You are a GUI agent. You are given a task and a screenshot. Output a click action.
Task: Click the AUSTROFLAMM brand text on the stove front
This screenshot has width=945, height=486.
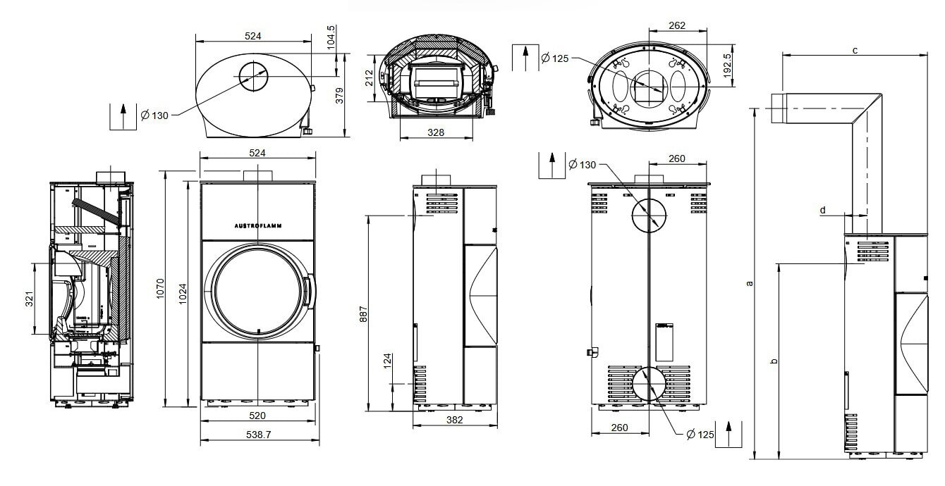click(258, 226)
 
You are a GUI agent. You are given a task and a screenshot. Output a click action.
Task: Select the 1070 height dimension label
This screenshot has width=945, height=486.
click(160, 289)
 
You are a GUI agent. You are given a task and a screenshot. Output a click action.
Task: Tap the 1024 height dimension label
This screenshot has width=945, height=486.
click(183, 294)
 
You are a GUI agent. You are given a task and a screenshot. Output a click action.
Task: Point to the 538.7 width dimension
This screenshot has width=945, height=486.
click(258, 434)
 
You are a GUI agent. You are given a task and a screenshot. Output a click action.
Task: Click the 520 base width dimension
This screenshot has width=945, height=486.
click(257, 416)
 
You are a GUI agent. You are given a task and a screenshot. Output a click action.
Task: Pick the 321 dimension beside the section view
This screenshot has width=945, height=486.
click(29, 299)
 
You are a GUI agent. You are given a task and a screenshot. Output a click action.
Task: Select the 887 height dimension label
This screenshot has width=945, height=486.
click(363, 314)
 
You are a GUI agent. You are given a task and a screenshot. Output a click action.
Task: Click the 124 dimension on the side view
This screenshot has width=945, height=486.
click(387, 361)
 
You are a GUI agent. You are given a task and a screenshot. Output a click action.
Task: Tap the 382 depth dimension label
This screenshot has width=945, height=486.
click(454, 420)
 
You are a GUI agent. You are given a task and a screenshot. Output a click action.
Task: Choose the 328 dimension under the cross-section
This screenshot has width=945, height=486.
click(436, 132)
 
